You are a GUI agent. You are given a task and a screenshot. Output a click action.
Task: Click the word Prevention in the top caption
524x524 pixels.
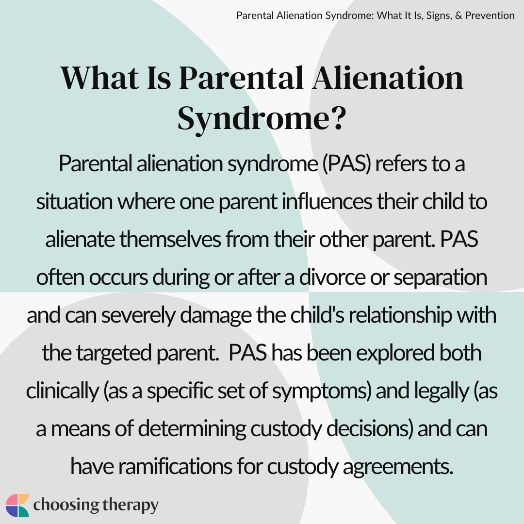[490, 16]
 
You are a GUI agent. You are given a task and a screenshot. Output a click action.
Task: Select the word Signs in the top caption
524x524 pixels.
[438, 16]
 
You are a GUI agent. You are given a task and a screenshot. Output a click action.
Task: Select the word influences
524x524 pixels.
[327, 201]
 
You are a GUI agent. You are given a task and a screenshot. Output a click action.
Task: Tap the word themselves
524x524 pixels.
[170, 239]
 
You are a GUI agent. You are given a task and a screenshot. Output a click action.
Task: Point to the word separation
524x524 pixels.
[440, 278]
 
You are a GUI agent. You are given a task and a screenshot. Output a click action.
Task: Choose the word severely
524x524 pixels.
[138, 315]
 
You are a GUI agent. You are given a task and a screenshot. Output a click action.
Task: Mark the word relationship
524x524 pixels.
[400, 315]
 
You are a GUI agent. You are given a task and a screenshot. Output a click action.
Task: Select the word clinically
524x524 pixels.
[63, 391]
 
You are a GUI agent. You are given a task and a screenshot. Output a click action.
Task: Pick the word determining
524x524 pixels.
[192, 429]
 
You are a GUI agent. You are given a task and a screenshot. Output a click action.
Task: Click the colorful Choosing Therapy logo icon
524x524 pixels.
[17, 505]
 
